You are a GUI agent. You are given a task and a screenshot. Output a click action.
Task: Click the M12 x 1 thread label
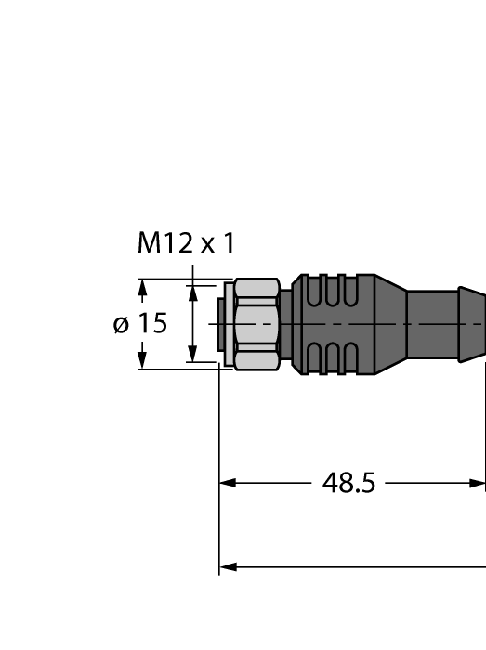point(186,243)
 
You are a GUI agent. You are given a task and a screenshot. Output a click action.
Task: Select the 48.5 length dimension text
point(348,483)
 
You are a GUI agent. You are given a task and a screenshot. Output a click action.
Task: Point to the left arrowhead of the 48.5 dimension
point(228,483)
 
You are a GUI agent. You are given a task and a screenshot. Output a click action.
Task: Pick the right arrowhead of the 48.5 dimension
point(478,483)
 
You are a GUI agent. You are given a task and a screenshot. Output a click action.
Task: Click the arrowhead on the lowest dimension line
point(228,566)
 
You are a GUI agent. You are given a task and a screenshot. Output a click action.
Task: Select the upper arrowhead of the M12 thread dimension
point(193,293)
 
